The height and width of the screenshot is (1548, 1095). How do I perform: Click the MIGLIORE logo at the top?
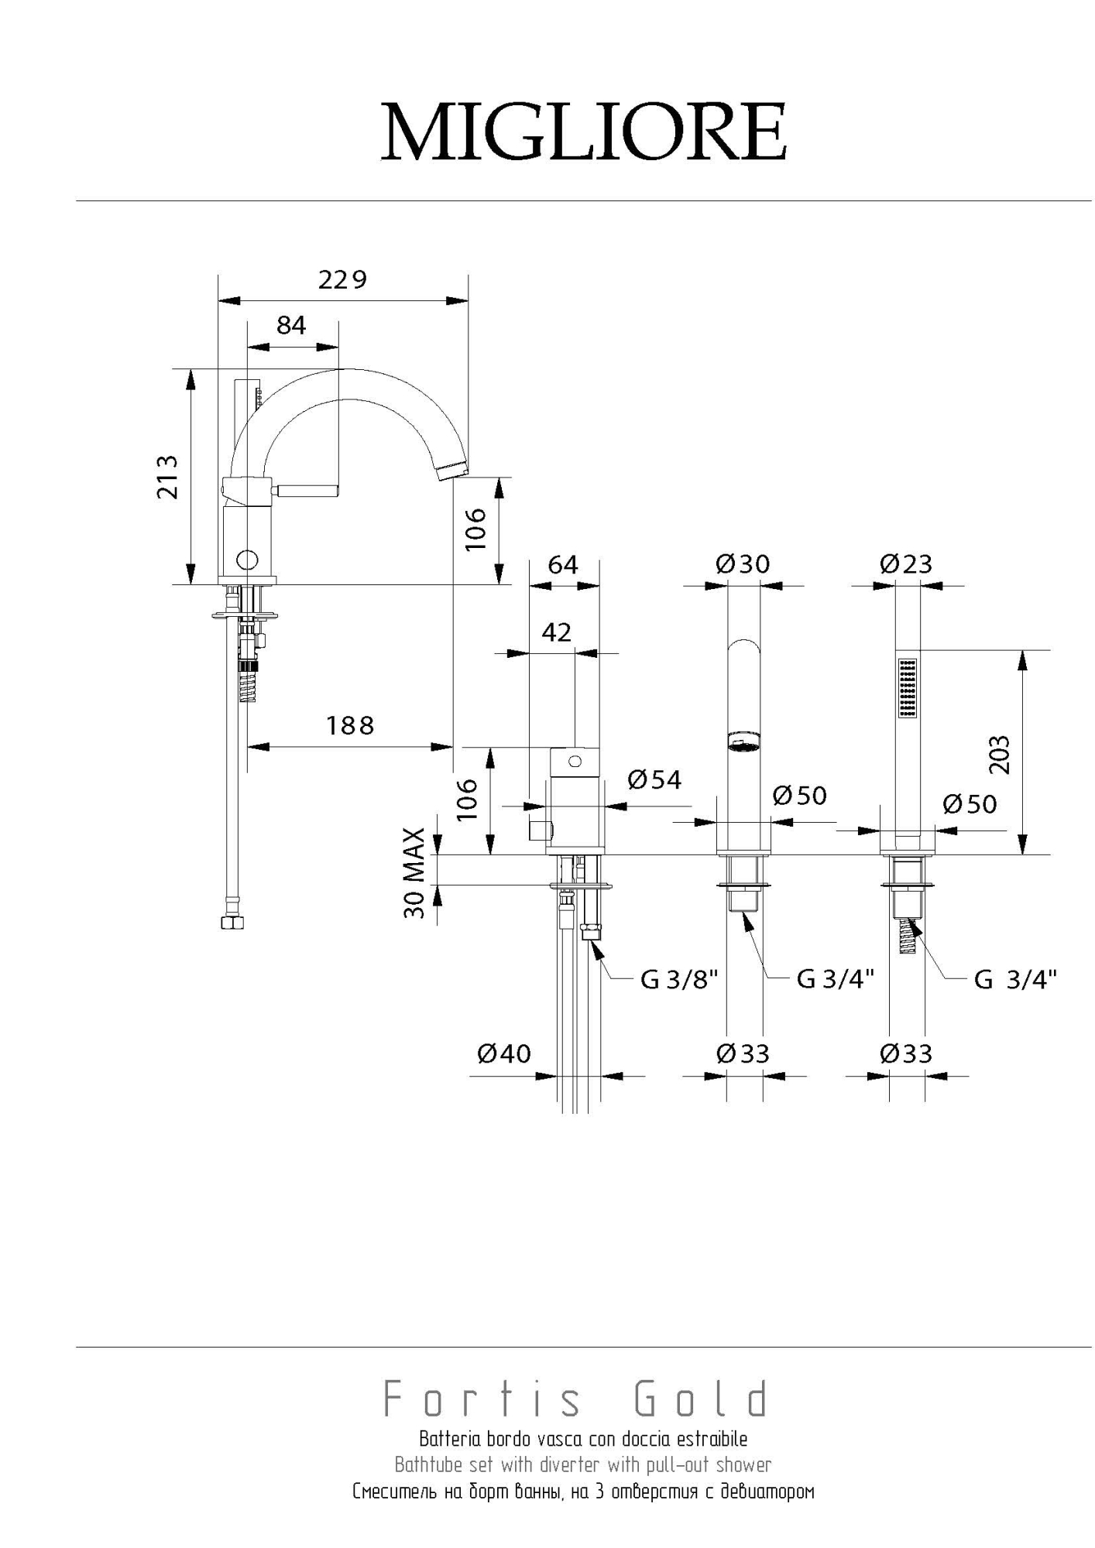[583, 132]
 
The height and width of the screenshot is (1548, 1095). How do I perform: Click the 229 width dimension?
[342, 279]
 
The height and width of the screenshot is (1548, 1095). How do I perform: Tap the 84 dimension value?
[291, 326]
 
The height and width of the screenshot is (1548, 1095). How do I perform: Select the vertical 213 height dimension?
[168, 476]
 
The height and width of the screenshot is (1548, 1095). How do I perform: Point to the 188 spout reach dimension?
[350, 726]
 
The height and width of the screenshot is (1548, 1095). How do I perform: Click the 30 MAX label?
[415, 873]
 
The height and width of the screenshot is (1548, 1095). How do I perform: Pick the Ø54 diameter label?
[654, 779]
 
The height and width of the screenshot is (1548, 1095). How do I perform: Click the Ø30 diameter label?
[743, 563]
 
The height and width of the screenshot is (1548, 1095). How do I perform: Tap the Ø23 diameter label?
[906, 563]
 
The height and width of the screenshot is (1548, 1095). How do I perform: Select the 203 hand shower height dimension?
[1000, 754]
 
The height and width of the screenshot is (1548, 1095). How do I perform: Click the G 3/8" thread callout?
[679, 980]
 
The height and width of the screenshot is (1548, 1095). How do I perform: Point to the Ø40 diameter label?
[504, 1053]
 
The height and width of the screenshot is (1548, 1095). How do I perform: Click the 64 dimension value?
[563, 565]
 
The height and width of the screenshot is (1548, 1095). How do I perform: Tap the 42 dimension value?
[557, 632]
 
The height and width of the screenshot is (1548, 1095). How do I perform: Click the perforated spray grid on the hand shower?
[907, 688]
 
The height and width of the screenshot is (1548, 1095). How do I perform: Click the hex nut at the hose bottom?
[232, 923]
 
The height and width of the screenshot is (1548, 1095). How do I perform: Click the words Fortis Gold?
[577, 1399]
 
